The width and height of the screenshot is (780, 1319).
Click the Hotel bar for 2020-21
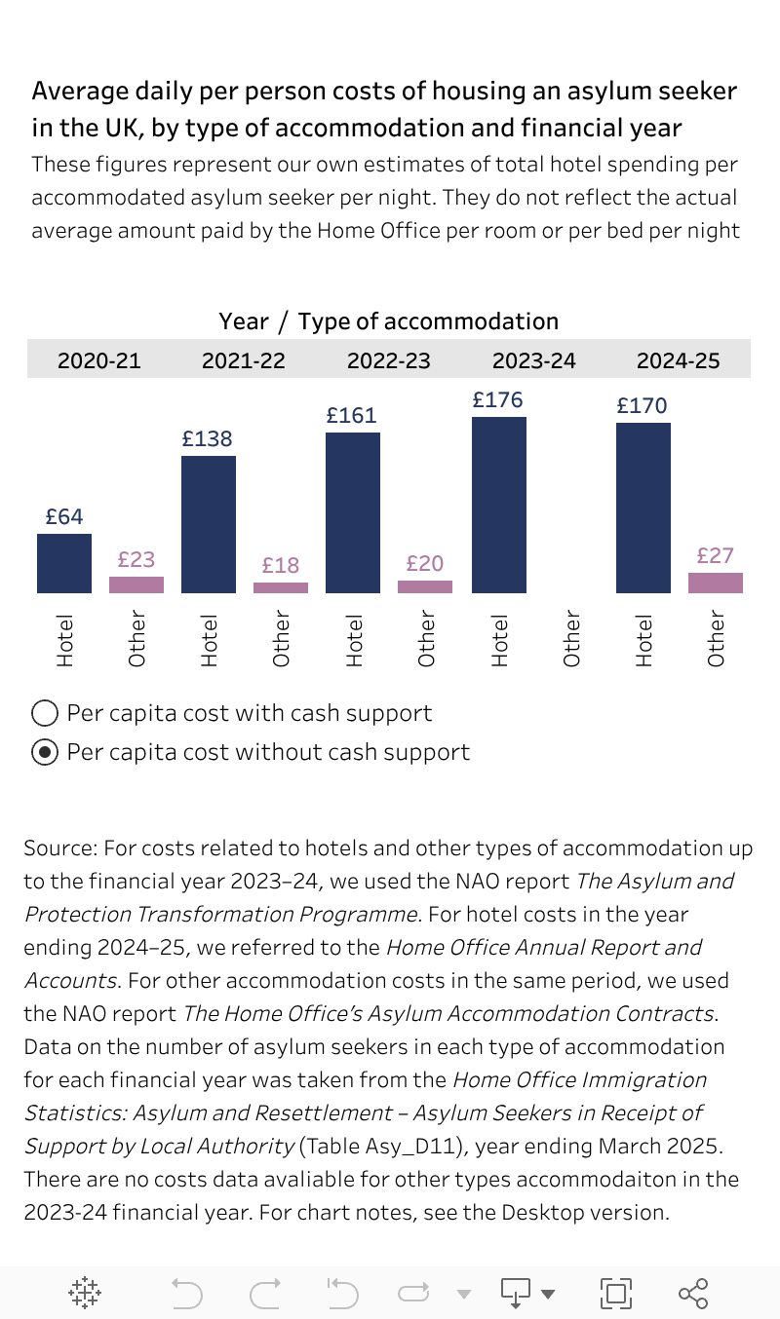tap(64, 563)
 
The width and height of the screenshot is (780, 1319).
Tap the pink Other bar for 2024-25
tap(716, 583)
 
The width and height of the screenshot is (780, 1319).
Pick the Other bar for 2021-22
tap(281, 587)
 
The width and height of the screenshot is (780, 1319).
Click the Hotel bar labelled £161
tap(353, 512)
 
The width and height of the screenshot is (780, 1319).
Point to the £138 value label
tap(208, 438)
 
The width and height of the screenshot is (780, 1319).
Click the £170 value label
tap(642, 405)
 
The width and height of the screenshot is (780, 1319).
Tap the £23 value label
tap(136, 559)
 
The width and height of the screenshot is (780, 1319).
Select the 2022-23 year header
tap(388, 360)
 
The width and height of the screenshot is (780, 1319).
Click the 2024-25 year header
tap(678, 360)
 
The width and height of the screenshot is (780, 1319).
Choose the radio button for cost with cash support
tap(45, 713)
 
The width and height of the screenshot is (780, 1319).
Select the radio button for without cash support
tap(45, 752)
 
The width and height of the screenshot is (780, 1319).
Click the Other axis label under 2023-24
tap(572, 639)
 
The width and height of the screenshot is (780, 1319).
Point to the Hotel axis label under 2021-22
tap(209, 640)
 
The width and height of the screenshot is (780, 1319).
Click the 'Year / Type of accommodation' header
tap(388, 321)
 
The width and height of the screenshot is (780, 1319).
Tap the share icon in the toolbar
tap(692, 1293)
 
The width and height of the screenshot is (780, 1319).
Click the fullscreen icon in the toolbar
tap(615, 1293)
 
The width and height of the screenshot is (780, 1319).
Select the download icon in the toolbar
tap(515, 1293)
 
